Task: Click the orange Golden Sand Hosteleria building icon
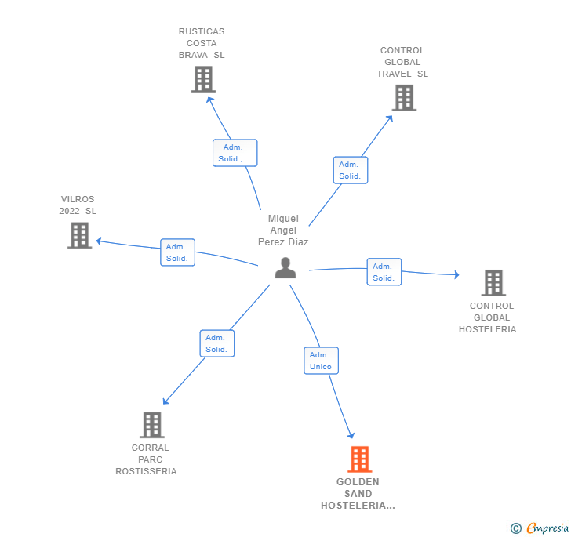coord(359,459)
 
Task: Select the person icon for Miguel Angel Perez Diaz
coord(285,268)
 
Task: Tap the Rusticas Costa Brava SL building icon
coord(203,79)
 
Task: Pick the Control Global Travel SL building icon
coord(404,98)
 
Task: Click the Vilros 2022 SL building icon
coord(79,235)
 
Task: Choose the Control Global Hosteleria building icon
coord(493,283)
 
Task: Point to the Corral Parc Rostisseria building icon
coord(152,425)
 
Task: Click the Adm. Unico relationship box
coord(322,361)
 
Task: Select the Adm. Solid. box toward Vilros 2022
coord(178,252)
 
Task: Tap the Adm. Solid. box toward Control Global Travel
coord(351,170)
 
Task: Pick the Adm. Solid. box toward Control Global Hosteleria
coord(384,272)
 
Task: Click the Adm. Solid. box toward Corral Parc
coord(217,343)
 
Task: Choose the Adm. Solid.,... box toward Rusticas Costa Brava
coord(235,153)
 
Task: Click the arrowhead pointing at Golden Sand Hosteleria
coord(351,435)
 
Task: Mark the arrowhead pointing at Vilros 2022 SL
coord(99,241)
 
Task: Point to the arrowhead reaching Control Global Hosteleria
coord(456,274)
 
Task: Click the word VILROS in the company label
coord(78,199)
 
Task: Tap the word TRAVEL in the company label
coord(394,74)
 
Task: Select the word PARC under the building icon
coord(151,459)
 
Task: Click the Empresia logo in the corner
coord(540,528)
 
